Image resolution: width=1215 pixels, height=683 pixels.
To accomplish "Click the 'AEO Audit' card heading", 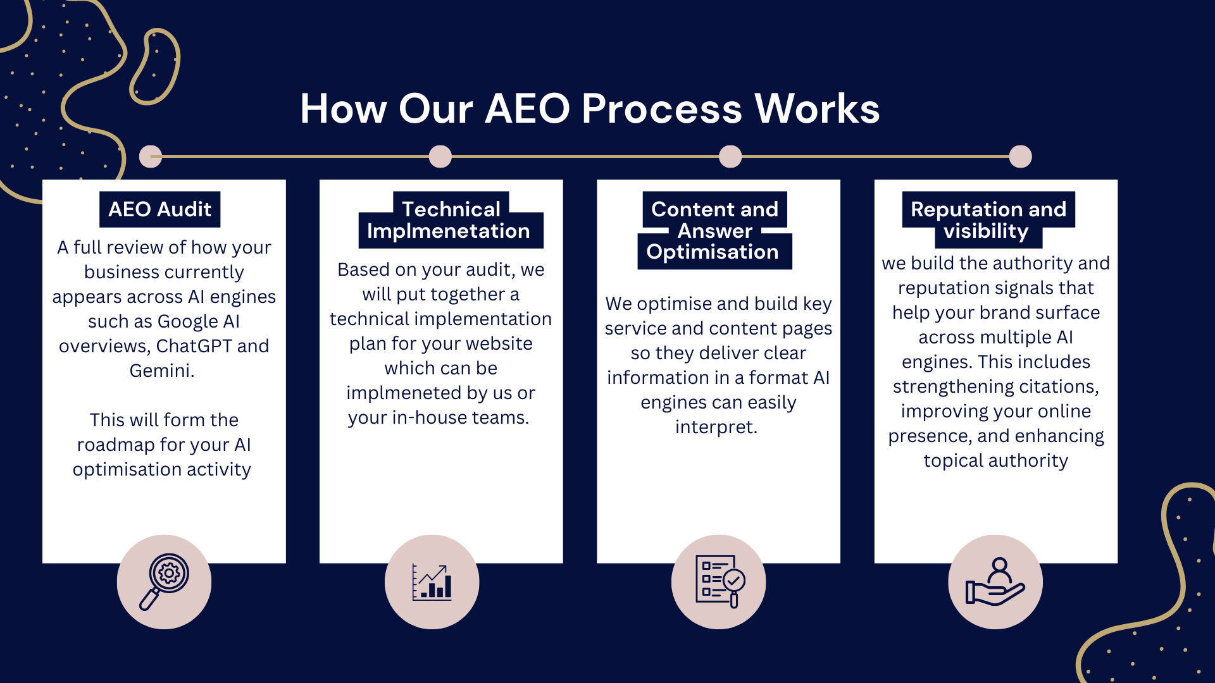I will pos(159,209).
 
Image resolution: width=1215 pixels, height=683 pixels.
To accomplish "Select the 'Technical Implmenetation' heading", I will pos(449,220).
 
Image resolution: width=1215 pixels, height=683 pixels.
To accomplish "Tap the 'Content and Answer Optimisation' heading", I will pos(714,230).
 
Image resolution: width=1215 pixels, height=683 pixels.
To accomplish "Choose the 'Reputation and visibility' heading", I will pos(988,219).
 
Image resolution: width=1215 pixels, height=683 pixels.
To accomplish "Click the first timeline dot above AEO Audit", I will pos(151,156).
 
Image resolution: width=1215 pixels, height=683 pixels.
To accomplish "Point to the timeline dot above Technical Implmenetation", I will pos(440,156).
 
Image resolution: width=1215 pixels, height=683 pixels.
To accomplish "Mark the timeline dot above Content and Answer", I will pos(730,156).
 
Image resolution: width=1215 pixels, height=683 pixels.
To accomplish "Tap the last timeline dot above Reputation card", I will pos(1020,156).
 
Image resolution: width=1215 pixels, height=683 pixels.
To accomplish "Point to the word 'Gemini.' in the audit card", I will pos(162,371).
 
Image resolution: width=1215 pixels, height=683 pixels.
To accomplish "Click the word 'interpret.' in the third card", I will pos(716,427).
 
